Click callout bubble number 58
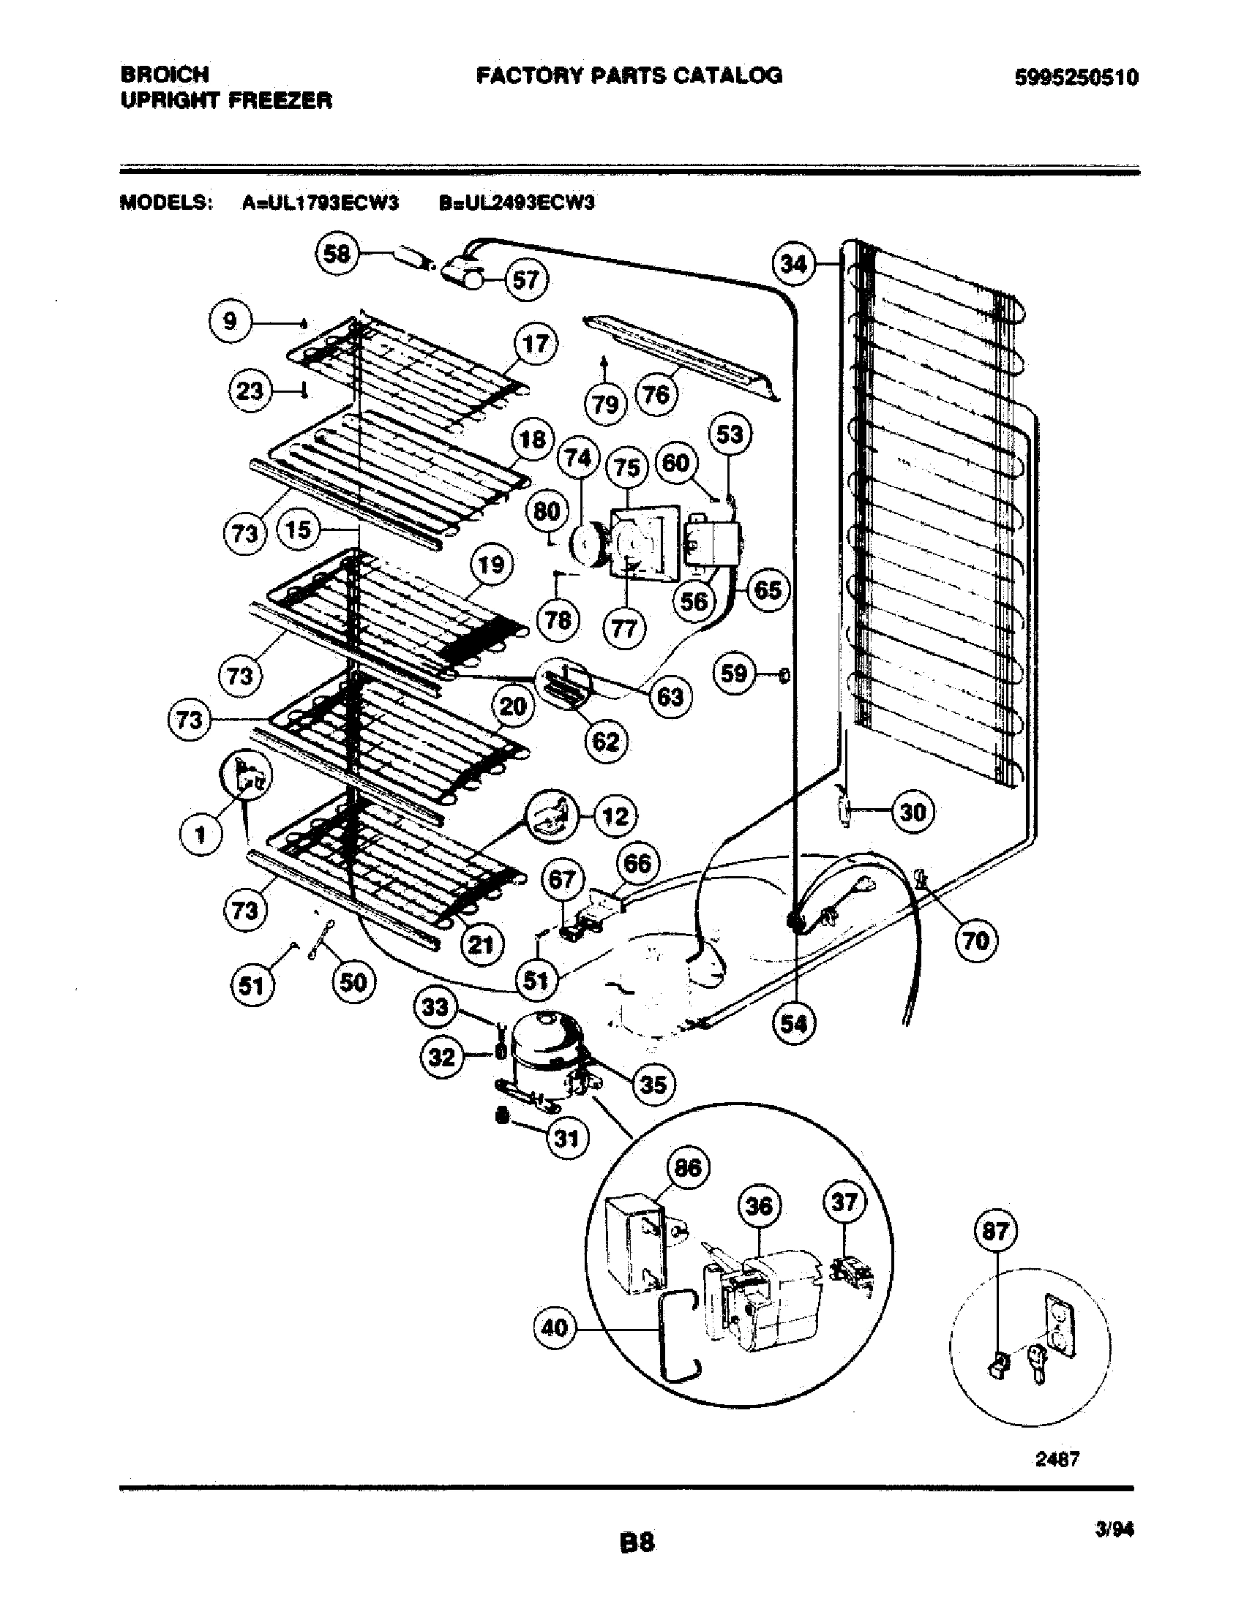pyautogui.click(x=337, y=255)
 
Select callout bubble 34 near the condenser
pyautogui.click(x=794, y=264)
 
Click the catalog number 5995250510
pyautogui.click(x=1076, y=78)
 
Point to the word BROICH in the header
pyautogui.click(x=165, y=74)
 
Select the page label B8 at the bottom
pyautogui.click(x=637, y=1541)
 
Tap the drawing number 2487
pyautogui.click(x=1057, y=1459)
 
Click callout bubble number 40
pyautogui.click(x=554, y=1328)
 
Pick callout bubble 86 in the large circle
pyautogui.click(x=688, y=1168)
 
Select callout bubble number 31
pyautogui.click(x=566, y=1139)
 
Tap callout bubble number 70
pyautogui.click(x=975, y=940)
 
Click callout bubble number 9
pyautogui.click(x=231, y=321)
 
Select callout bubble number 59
pyautogui.click(x=734, y=673)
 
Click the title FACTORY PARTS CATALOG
pyautogui.click(x=629, y=75)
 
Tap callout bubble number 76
pyautogui.click(x=656, y=394)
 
